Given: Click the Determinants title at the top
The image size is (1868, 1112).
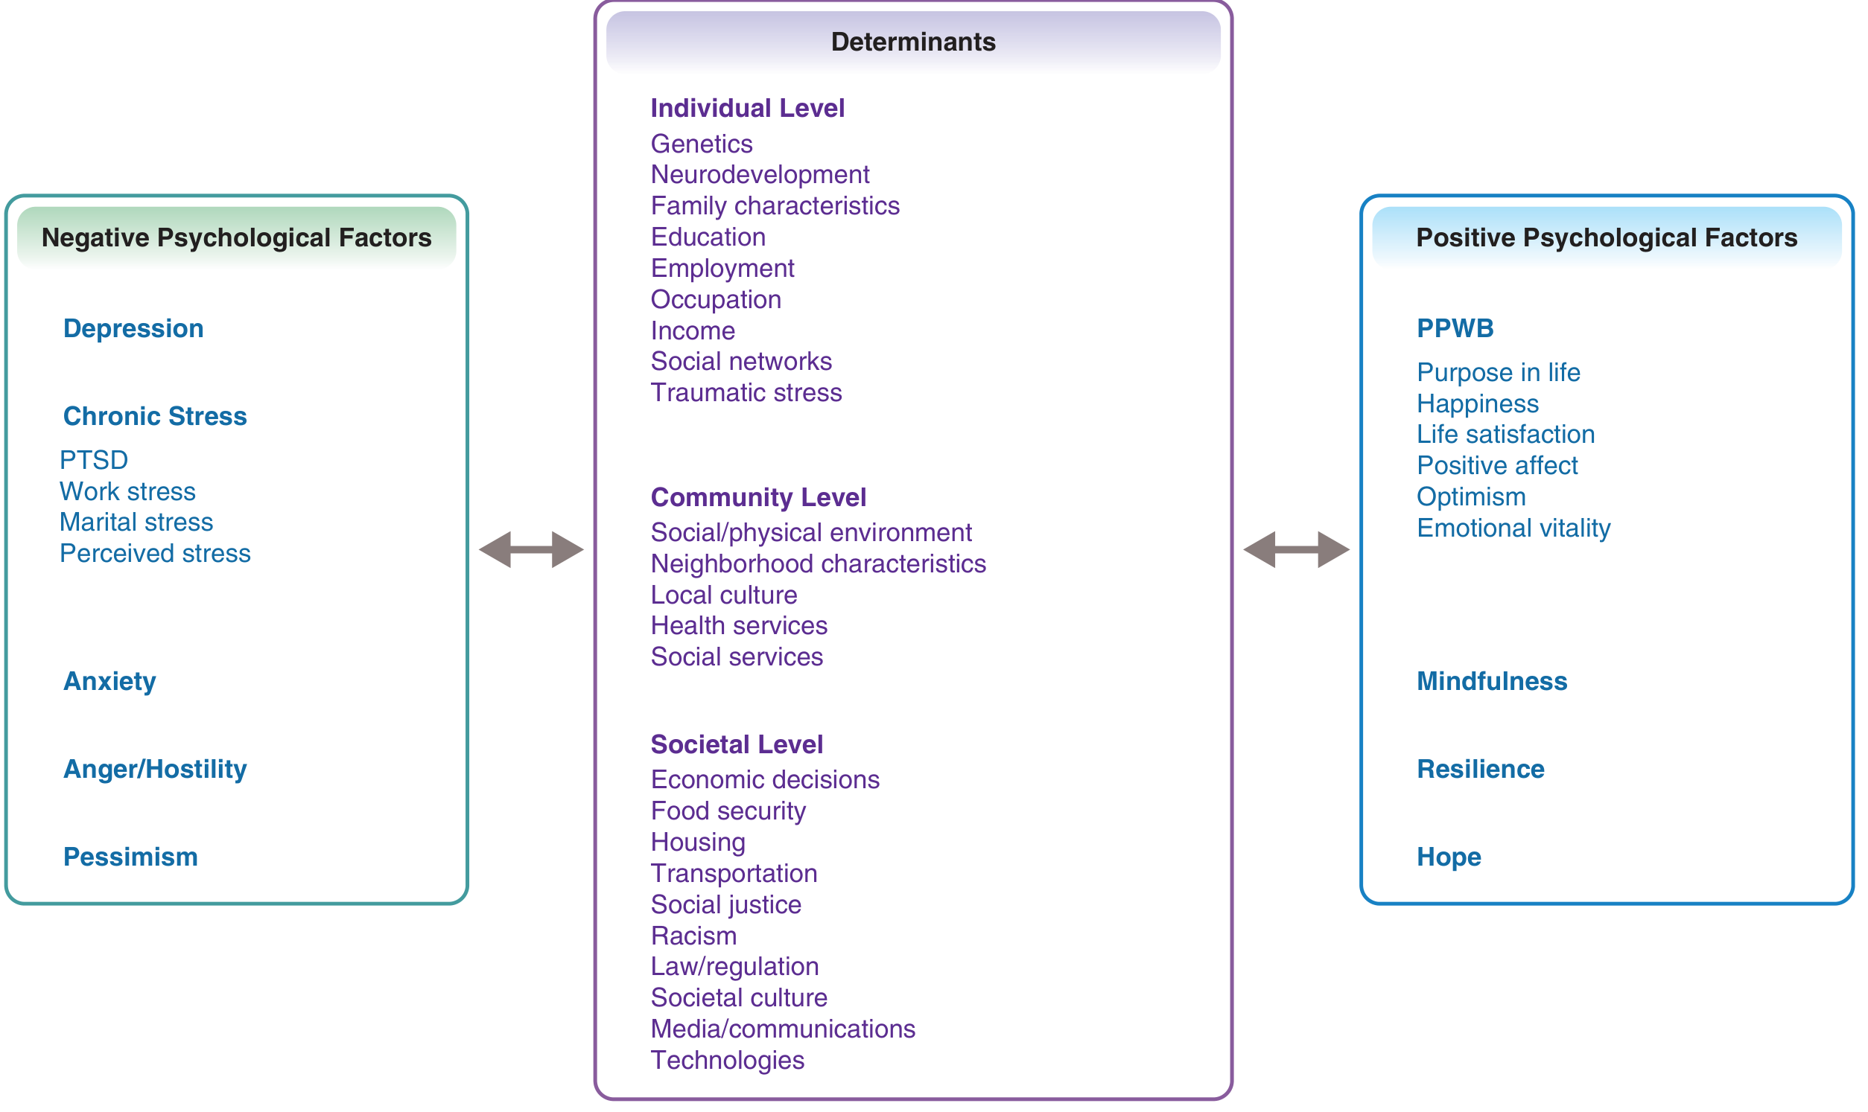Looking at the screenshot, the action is tap(913, 42).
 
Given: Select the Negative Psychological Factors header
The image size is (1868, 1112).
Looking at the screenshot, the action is tap(236, 237).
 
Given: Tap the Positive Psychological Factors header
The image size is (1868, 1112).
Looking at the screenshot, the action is tap(1607, 237).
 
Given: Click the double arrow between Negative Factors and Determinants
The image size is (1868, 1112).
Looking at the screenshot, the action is tap(531, 550).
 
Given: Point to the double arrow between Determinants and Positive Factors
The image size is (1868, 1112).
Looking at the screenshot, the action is tap(1296, 550).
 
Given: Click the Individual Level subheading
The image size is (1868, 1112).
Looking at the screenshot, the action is tap(747, 108).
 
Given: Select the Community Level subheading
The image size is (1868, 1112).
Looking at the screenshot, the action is tap(757, 496).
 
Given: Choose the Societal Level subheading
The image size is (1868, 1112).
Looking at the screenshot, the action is tap(736, 744).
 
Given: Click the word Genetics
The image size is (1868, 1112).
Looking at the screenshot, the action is tap(701, 144).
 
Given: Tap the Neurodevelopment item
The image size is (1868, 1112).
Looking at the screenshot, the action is tap(760, 175).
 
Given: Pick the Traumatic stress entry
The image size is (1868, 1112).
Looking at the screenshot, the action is tap(746, 393).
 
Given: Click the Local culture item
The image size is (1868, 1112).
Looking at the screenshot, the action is tap(723, 595).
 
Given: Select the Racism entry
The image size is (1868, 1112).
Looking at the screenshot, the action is tap(693, 936).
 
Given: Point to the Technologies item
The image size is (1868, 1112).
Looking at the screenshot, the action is tap(727, 1061).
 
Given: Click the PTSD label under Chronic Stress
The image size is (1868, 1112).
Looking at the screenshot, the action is tap(94, 460).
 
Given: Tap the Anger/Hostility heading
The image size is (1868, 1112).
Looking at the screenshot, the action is tap(155, 770).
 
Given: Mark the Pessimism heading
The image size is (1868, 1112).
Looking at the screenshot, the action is tap(130, 857).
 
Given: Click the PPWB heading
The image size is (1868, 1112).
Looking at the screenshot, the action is tap(1455, 328).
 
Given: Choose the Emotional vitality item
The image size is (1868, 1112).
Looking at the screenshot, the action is tap(1513, 528).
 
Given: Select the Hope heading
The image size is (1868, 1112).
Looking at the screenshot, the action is tap(1448, 857).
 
